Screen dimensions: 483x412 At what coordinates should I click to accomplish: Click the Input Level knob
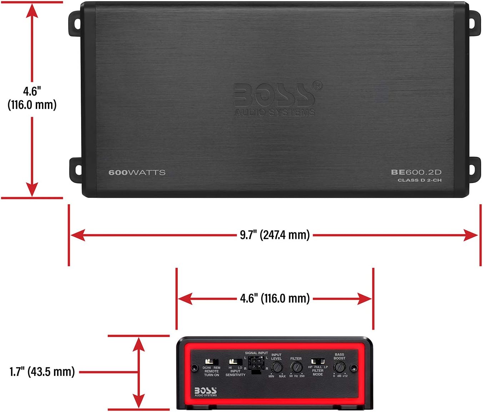277,367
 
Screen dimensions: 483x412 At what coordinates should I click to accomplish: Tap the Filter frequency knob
296,367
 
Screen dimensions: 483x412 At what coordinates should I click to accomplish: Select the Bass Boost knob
339,367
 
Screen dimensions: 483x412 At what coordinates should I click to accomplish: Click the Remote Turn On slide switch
212,362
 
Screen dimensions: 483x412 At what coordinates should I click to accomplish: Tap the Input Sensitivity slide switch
236,362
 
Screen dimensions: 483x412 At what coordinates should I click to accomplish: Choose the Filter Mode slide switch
318,361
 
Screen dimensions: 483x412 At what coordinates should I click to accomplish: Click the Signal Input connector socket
256,365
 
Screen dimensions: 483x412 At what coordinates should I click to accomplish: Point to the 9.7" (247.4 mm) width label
275,235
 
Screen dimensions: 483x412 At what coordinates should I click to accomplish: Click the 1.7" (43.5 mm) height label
42,372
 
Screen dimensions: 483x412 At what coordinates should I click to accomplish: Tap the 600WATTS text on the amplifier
137,172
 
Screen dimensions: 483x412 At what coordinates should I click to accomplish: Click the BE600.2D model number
416,172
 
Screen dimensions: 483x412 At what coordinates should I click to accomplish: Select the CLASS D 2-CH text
419,180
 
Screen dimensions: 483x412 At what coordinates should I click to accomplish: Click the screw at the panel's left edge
195,367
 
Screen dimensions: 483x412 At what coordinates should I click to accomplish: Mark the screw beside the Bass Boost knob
353,367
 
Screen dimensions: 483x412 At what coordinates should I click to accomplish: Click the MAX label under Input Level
282,376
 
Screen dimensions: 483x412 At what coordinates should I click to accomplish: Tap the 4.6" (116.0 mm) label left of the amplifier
32,98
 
